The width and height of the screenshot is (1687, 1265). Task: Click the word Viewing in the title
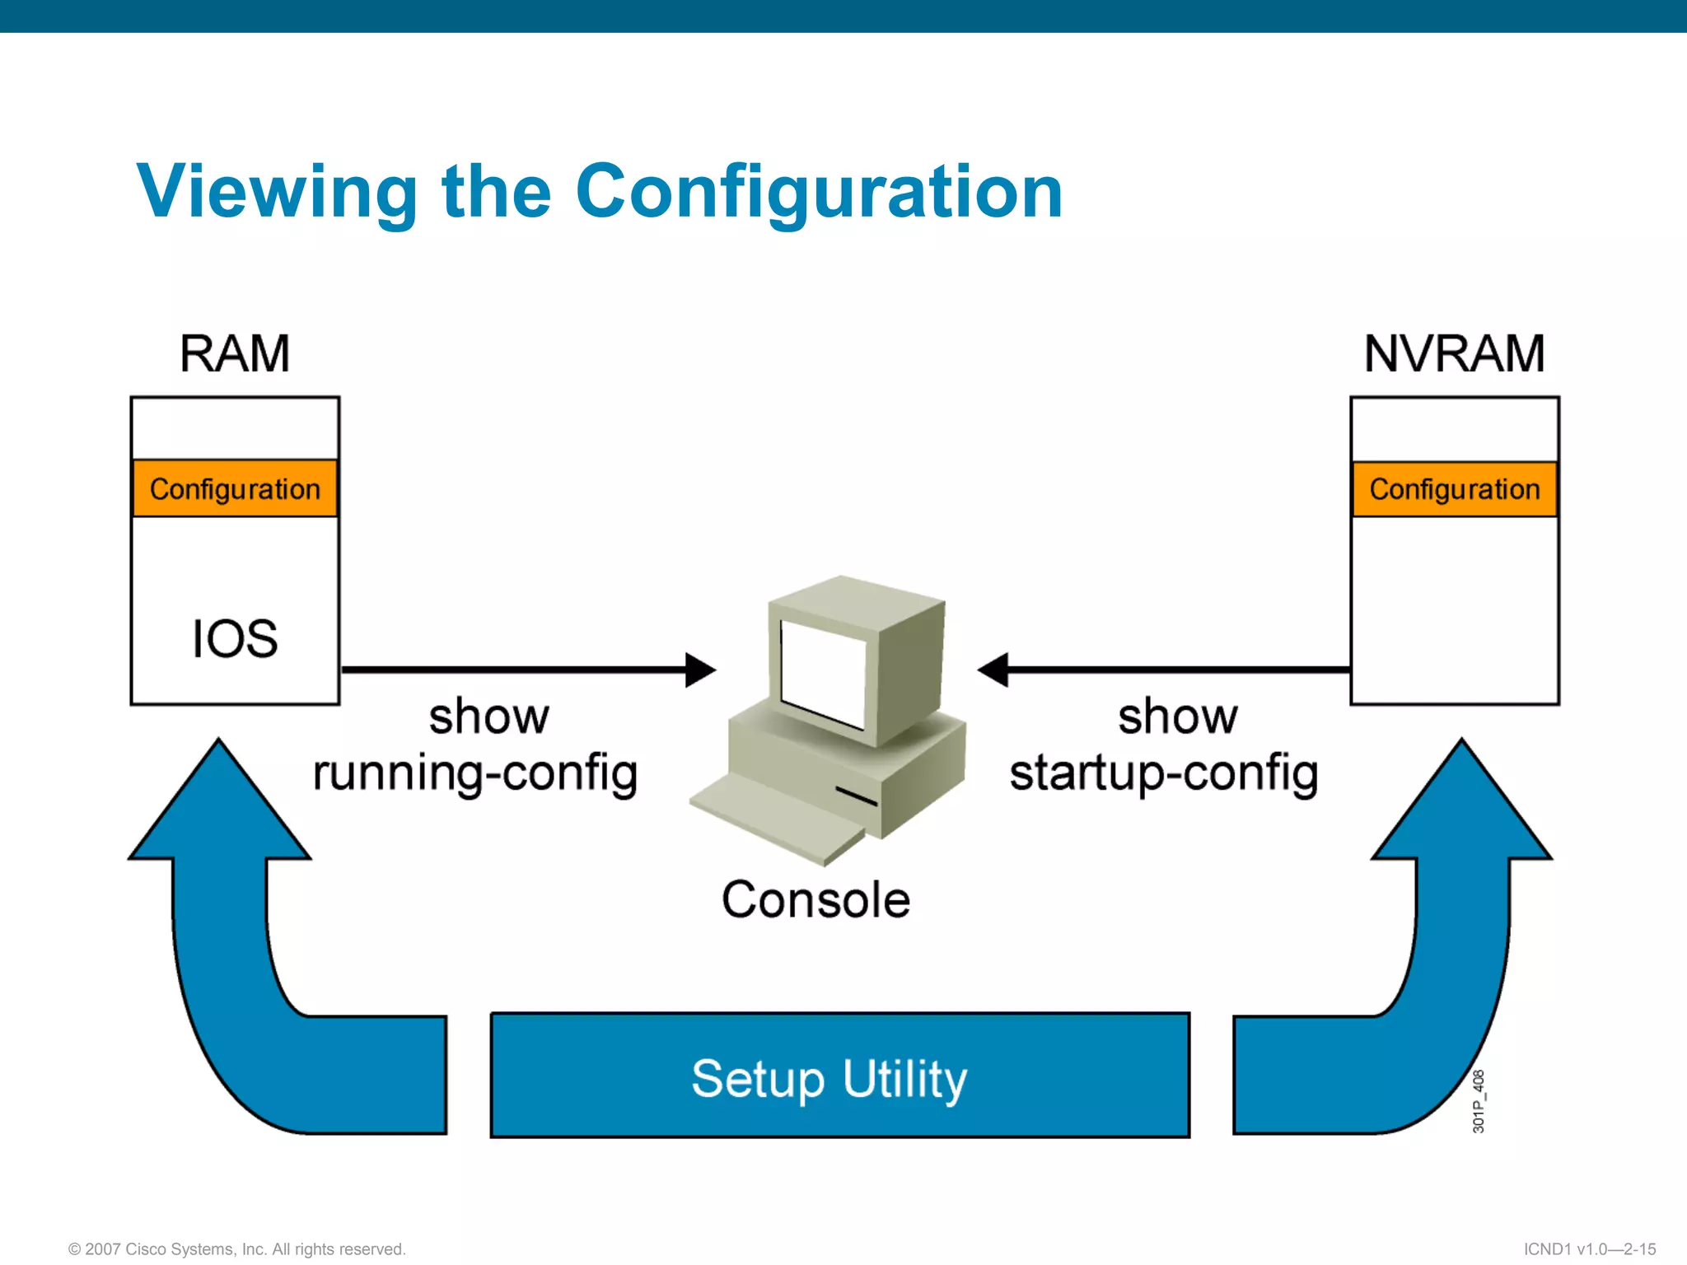(x=277, y=192)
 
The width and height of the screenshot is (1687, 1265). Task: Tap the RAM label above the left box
(x=235, y=354)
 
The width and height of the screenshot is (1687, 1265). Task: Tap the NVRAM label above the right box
(x=1454, y=354)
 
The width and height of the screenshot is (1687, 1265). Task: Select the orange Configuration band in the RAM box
(x=235, y=489)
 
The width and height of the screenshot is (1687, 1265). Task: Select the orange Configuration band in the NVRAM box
(x=1454, y=489)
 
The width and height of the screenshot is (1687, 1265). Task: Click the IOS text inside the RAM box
(x=235, y=639)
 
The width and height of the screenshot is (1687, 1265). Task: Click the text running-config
(x=475, y=774)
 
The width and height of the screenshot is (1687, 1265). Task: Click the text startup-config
(x=1163, y=774)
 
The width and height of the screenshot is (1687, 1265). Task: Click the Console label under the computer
(x=815, y=899)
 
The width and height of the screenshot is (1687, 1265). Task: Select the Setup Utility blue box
(x=839, y=1076)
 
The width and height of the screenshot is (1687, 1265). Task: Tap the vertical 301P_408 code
(x=1479, y=1101)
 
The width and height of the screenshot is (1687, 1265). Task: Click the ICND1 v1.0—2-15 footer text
(x=1589, y=1249)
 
